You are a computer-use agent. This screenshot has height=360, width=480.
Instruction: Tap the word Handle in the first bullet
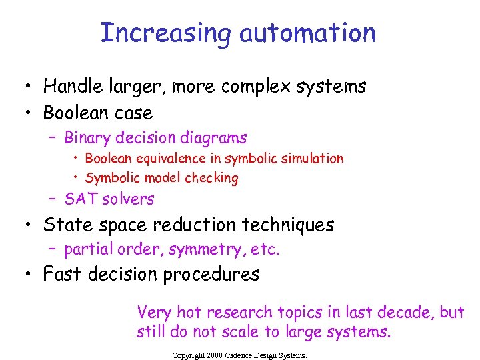[71, 87]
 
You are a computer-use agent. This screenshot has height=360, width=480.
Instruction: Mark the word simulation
[312, 159]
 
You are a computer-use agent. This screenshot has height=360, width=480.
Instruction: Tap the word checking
[213, 178]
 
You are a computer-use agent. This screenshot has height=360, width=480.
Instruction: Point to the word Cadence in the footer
[233, 356]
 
